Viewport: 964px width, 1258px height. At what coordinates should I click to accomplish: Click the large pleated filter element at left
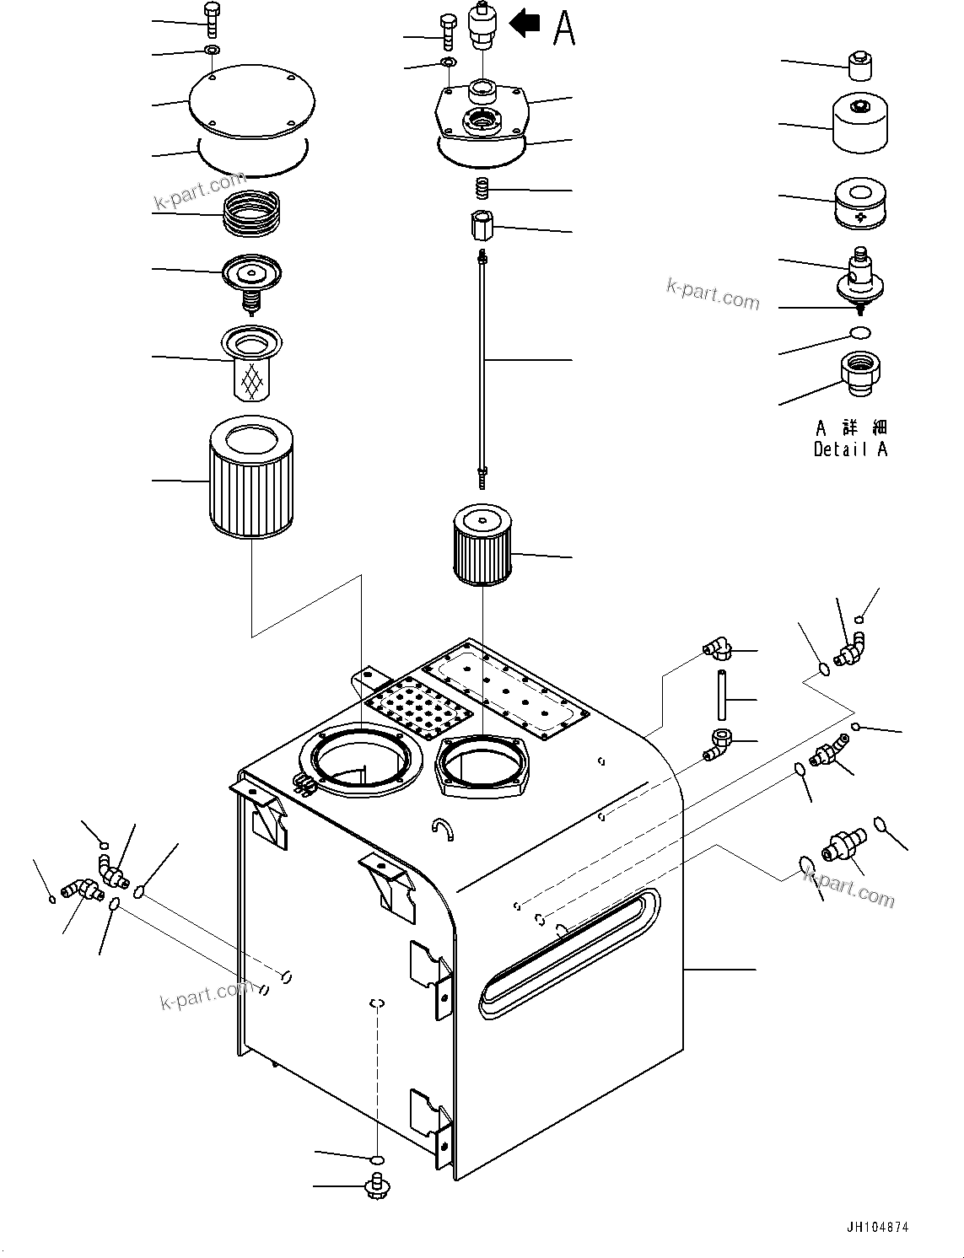(250, 481)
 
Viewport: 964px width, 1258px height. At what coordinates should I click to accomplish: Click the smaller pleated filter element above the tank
(482, 545)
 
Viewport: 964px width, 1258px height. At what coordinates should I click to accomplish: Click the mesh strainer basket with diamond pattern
(251, 364)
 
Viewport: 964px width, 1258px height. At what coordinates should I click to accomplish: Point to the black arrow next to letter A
(525, 23)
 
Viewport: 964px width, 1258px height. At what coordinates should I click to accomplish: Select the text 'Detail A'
(850, 449)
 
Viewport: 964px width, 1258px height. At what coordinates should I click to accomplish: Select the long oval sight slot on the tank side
(568, 951)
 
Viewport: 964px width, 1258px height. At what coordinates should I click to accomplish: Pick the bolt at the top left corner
(211, 18)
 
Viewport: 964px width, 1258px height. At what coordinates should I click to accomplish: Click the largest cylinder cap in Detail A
(859, 123)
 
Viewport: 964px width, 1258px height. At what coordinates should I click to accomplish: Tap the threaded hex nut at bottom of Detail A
(860, 373)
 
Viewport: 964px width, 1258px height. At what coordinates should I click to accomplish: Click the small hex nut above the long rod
(482, 225)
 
